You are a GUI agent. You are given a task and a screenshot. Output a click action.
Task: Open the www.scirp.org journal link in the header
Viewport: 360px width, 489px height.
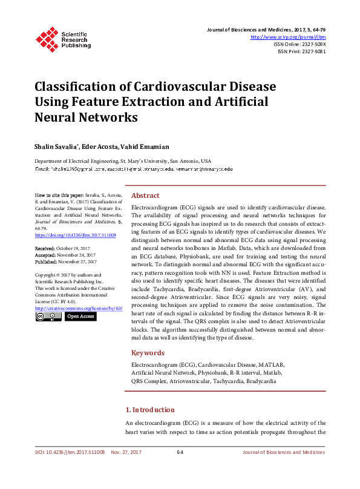[x=288, y=37]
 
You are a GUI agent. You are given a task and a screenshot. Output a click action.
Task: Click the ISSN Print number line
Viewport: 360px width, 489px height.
[x=301, y=51]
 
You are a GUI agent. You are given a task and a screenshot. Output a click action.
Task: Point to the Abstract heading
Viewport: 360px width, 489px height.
[x=145, y=196]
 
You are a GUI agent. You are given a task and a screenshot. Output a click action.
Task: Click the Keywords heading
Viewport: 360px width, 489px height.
[x=147, y=353]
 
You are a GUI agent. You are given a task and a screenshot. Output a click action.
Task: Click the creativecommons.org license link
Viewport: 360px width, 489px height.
[x=79, y=308]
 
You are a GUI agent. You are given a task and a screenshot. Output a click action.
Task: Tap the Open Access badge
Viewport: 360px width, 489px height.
[x=80, y=316]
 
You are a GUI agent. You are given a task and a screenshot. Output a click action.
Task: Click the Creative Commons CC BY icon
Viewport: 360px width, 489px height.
[x=48, y=316]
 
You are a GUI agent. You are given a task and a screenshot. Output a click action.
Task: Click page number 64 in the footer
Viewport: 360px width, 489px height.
[x=180, y=453]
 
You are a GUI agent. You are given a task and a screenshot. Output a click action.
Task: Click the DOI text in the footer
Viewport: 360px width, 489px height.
[x=70, y=453]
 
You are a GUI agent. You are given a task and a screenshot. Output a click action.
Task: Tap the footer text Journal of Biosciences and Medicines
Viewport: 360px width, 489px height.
[x=283, y=453]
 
